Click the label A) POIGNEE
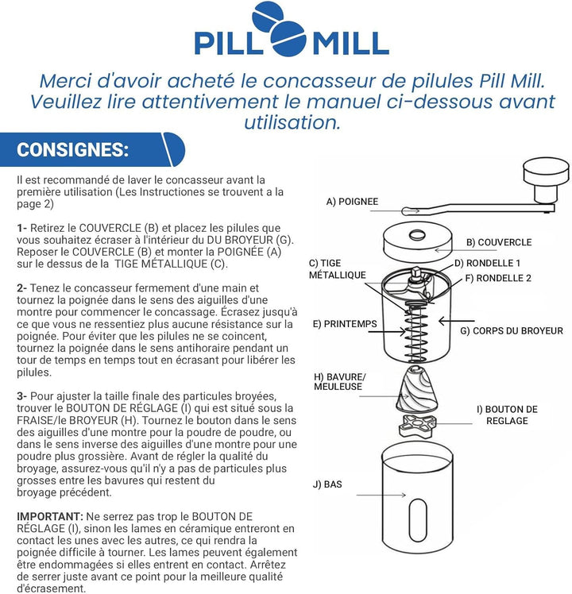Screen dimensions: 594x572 click(352, 202)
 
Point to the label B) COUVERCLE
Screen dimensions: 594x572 click(499, 242)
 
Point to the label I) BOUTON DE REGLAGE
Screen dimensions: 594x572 click(507, 415)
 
